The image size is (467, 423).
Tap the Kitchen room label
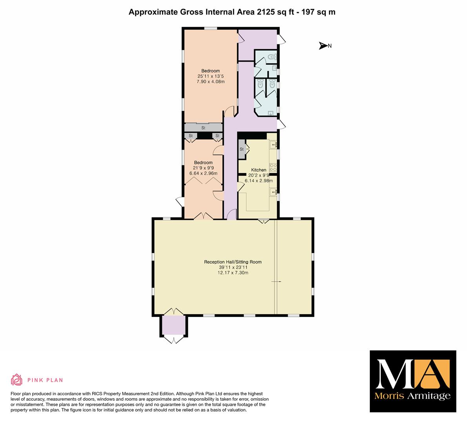click(x=258, y=170)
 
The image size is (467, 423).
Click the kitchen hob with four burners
click(x=273, y=168)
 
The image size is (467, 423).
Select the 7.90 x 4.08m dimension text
click(x=211, y=81)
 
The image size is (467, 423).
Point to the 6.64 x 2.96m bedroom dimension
click(x=204, y=174)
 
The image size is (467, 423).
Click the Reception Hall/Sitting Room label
click(x=233, y=262)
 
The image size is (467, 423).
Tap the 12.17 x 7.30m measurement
click(x=233, y=273)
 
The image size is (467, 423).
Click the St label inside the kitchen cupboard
click(x=242, y=149)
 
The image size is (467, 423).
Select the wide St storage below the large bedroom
click(x=204, y=128)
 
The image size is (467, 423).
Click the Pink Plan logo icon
click(x=17, y=380)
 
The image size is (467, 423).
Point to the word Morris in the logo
click(x=389, y=396)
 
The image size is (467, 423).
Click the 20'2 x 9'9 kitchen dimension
click(x=258, y=175)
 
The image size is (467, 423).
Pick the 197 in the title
click(x=308, y=12)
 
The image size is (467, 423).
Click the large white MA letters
click(x=412, y=374)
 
